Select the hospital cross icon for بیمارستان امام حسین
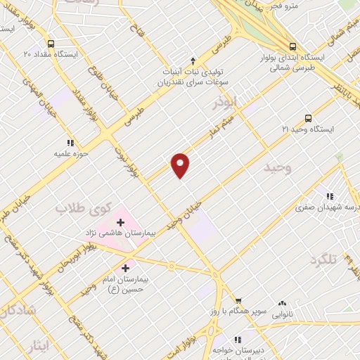point(126,267)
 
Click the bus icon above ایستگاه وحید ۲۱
point(307,118)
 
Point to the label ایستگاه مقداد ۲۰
point(46,53)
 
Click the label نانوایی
point(282,314)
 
